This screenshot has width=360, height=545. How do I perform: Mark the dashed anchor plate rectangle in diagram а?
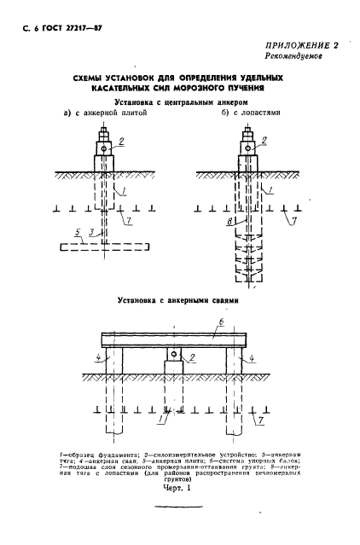(99, 247)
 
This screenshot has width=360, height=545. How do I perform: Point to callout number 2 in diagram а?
(122, 141)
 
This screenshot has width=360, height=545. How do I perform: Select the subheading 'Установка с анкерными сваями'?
(179, 301)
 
